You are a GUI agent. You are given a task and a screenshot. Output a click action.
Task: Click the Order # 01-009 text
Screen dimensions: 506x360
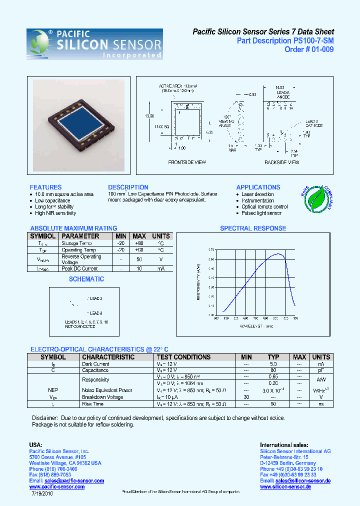309,49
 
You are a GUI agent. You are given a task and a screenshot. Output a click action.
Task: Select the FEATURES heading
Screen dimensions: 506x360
45,187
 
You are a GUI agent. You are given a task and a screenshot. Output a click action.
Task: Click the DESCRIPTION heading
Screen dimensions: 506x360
128,187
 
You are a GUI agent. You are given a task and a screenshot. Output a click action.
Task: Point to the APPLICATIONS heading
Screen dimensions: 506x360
258,187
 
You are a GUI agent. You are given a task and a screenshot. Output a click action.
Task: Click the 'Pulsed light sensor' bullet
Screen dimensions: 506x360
261,213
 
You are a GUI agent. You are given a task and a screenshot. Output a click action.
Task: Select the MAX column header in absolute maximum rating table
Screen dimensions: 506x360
139,236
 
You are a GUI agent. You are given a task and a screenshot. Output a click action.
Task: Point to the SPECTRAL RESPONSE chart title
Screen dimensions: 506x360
253,228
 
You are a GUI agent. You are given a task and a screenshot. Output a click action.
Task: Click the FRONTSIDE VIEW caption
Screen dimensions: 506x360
187,162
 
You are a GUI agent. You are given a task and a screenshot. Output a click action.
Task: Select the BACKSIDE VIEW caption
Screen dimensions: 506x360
282,162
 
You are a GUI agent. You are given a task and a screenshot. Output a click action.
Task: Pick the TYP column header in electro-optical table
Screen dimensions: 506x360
273,357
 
